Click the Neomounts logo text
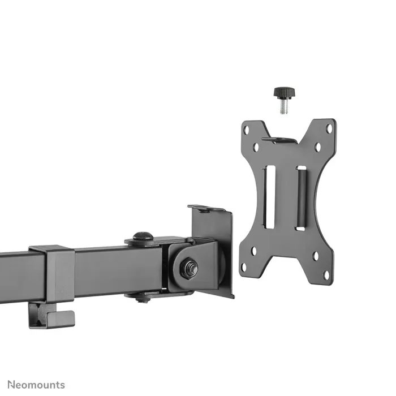pyautogui.click(x=33, y=385)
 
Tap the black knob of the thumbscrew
pyautogui.click(x=282, y=92)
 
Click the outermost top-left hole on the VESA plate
pyautogui.click(x=246, y=130)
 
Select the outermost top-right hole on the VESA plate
pyautogui.click(x=329, y=129)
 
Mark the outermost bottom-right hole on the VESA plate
pyautogui.click(x=326, y=275)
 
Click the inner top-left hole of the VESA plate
pyautogui.click(x=256, y=147)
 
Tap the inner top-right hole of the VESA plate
pyautogui.click(x=317, y=147)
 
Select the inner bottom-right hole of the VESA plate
pyautogui.click(x=315, y=256)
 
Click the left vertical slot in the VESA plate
pyautogui.click(x=270, y=190)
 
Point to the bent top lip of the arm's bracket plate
pyautogui.click(x=208, y=209)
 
